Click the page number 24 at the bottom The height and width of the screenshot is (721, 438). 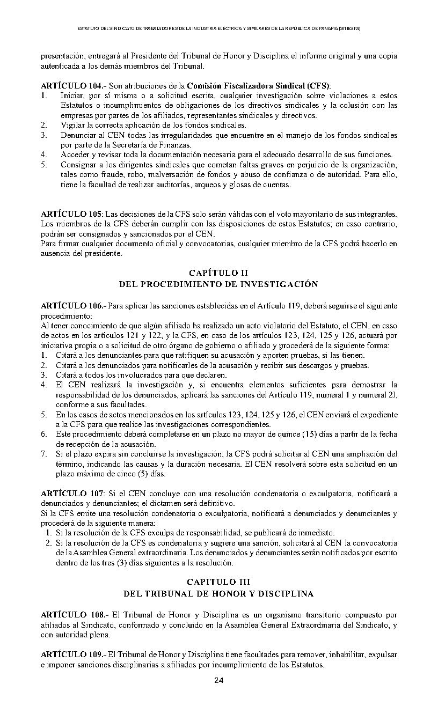(x=218, y=681)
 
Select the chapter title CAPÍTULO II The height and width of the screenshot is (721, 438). (x=218, y=273)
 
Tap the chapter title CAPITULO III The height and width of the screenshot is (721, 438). (x=218, y=582)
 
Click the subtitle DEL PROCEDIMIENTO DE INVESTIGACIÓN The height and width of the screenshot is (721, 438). (x=218, y=284)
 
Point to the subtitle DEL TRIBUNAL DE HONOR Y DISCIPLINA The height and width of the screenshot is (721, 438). (x=218, y=594)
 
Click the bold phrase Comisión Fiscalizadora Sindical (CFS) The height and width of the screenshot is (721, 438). (x=258, y=86)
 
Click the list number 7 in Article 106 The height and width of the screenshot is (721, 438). (x=44, y=454)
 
